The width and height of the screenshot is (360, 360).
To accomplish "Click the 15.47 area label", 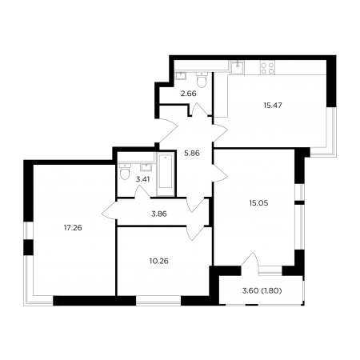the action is click(x=273, y=106).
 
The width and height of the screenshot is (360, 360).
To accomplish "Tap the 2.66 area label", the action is click(x=189, y=94).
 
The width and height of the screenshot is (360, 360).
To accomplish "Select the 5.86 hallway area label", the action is click(x=192, y=154).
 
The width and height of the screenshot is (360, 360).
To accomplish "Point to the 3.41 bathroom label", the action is click(x=142, y=179).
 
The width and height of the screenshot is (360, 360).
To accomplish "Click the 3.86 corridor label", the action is click(x=159, y=214).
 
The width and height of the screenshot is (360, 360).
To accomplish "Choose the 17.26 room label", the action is click(x=73, y=228).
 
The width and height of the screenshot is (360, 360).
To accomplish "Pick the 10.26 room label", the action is click(x=159, y=261).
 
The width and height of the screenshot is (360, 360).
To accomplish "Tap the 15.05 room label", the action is click(x=258, y=203).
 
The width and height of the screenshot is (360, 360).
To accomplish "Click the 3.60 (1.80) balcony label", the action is click(x=262, y=290).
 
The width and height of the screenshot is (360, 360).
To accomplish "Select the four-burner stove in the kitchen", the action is click(x=267, y=68).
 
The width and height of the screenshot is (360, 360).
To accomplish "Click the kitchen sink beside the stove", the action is click(x=237, y=67).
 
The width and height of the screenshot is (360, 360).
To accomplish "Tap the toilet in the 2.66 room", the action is click(x=202, y=79).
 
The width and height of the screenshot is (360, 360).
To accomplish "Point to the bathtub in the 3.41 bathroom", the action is click(x=166, y=174).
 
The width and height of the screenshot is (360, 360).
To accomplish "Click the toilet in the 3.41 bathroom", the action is click(x=125, y=171).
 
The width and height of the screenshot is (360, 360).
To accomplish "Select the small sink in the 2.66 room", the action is click(x=182, y=75).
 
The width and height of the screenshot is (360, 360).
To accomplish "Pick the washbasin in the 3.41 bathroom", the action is click(x=146, y=167).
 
